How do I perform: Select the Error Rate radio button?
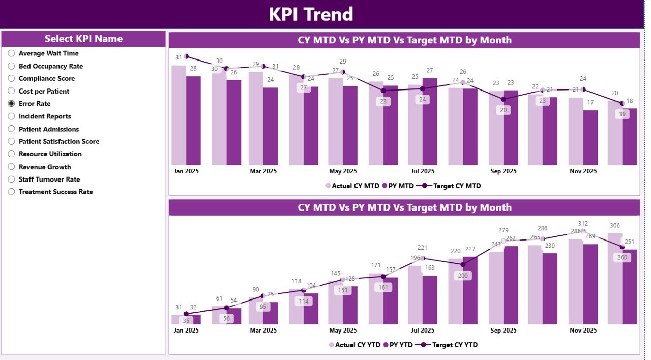(x=11, y=104)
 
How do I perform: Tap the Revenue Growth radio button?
(x=11, y=167)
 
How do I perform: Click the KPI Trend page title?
(x=311, y=14)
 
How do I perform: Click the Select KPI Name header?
(x=83, y=39)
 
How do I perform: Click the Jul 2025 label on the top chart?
(x=422, y=171)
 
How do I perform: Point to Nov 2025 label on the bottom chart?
(x=583, y=331)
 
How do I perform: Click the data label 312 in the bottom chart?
(x=583, y=224)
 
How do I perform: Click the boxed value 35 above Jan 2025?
(x=186, y=321)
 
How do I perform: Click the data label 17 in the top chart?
(x=590, y=103)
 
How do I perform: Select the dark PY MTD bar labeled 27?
(x=429, y=122)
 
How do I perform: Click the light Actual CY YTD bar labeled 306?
(x=614, y=280)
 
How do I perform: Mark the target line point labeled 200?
(x=462, y=264)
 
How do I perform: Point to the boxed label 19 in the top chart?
(x=621, y=114)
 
